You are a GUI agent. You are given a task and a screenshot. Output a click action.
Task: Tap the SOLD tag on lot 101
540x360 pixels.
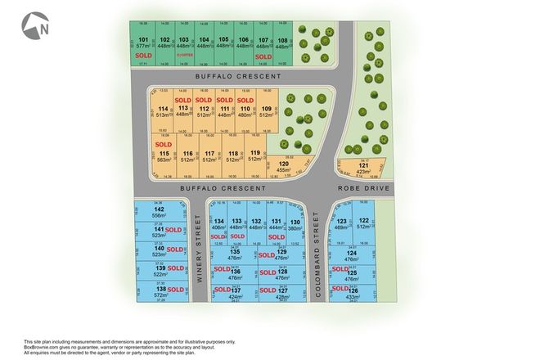click(143, 56)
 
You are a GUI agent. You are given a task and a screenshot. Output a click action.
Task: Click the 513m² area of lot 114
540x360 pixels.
click(164, 115)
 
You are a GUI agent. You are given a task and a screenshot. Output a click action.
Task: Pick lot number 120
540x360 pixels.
click(284, 164)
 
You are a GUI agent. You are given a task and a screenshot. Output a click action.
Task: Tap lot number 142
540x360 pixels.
click(159, 209)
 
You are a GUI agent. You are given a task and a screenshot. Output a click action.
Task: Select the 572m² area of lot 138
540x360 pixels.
click(161, 295)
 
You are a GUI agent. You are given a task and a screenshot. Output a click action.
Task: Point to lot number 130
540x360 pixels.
click(295, 222)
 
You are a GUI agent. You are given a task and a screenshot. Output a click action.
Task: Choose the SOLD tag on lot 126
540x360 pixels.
click(338, 290)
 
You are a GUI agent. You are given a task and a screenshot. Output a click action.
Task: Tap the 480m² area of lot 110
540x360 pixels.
click(243, 115)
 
